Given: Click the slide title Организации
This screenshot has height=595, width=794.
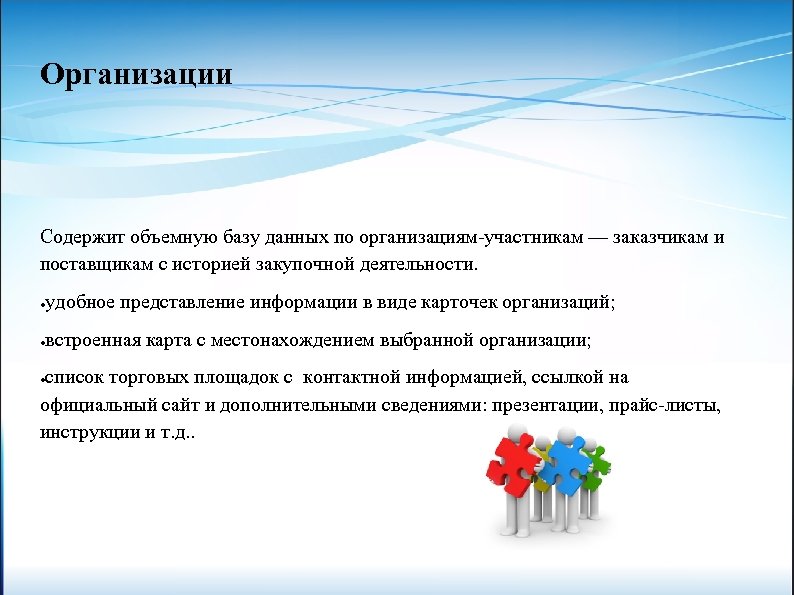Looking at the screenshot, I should pyautogui.click(x=136, y=75).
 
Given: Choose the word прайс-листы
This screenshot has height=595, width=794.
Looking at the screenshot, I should pyautogui.click(x=669, y=406).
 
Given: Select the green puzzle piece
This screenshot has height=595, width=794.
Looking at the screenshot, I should pyautogui.click(x=597, y=461).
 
